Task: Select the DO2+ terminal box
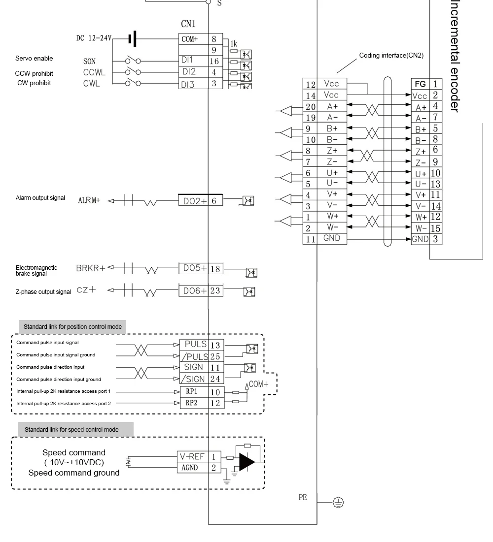coord(193,201)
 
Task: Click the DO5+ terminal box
coord(193,268)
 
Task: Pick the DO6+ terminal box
coord(193,291)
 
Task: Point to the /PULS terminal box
coord(193,356)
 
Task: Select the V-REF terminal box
coord(192,457)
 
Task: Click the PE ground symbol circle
coord(338,502)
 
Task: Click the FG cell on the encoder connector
coord(421,84)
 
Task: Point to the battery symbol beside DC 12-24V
coord(132,38)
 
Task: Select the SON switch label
coord(89,62)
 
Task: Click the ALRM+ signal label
coord(89,201)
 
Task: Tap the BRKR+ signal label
coord(91,268)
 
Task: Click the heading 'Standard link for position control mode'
coord(72,326)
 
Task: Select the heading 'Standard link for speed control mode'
coord(71,429)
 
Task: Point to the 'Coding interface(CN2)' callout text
coord(391,55)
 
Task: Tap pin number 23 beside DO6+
coord(215,291)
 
